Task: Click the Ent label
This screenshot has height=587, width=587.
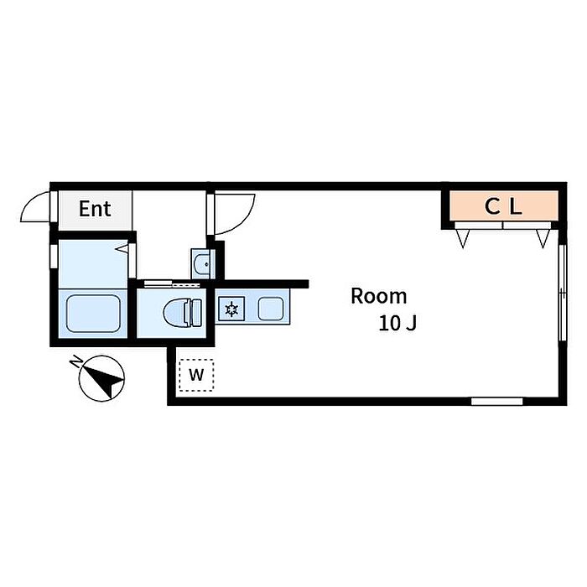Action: (x=95, y=209)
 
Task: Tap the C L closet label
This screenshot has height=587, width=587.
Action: (x=504, y=207)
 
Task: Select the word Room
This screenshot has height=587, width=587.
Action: (x=378, y=296)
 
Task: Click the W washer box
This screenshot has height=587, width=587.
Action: (x=196, y=375)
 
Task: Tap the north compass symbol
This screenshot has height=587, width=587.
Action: (x=102, y=379)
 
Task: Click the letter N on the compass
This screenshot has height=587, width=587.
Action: (x=76, y=362)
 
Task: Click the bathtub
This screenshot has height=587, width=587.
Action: (x=92, y=314)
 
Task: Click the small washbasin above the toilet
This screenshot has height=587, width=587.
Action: (x=201, y=265)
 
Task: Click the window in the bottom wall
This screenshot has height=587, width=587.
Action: (x=496, y=401)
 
